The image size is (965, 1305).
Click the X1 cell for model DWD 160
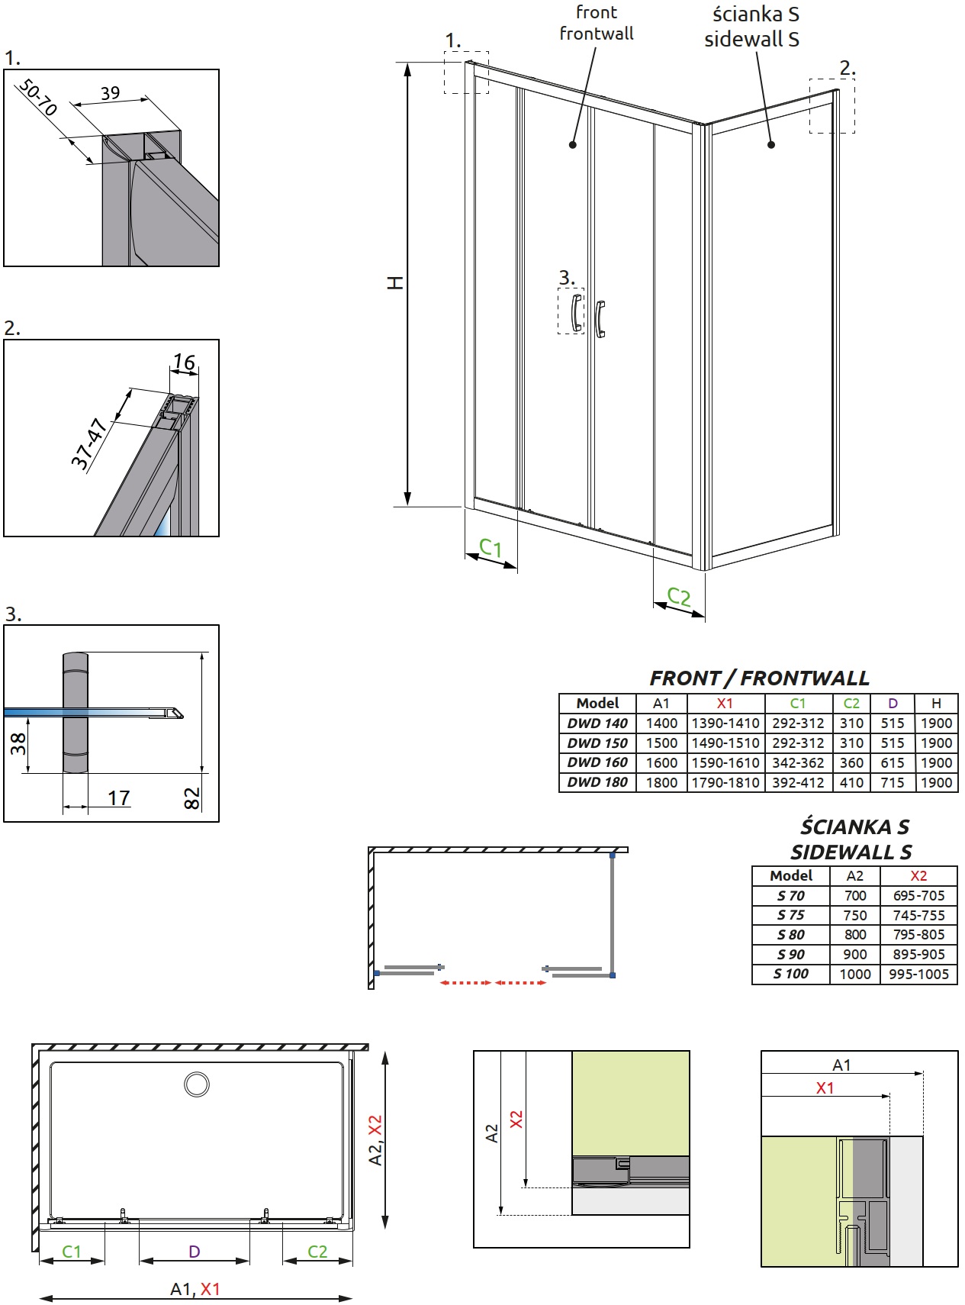725,762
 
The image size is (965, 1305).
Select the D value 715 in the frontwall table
893,782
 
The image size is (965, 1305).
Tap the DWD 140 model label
597,723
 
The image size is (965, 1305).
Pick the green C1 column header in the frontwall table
798,703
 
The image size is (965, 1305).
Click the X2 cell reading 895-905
918,954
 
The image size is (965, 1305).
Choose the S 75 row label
791,915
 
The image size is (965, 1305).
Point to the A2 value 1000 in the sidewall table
855,974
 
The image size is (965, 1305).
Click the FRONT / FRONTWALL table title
759,678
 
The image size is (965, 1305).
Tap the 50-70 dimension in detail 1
37,97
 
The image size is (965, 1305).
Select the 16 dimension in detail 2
184,361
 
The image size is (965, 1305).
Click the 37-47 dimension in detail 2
88,443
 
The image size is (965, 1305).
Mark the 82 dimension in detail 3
191,798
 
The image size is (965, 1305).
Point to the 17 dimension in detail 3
118,797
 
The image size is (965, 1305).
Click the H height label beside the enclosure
395,282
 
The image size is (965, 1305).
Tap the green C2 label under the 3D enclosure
679,596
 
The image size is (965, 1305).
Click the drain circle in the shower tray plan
197,1084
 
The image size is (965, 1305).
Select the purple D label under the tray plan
195,1252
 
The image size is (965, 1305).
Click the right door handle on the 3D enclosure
600,319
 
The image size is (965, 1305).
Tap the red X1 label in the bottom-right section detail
825,1088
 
